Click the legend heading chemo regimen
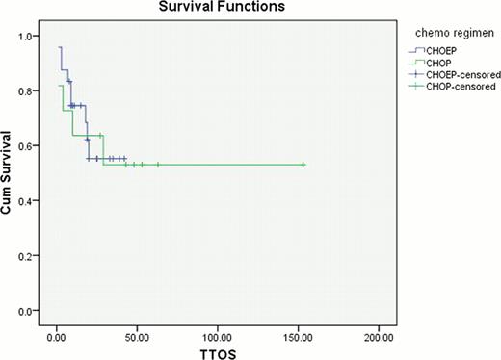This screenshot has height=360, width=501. (x=445, y=31)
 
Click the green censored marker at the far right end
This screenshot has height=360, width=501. (x=303, y=165)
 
